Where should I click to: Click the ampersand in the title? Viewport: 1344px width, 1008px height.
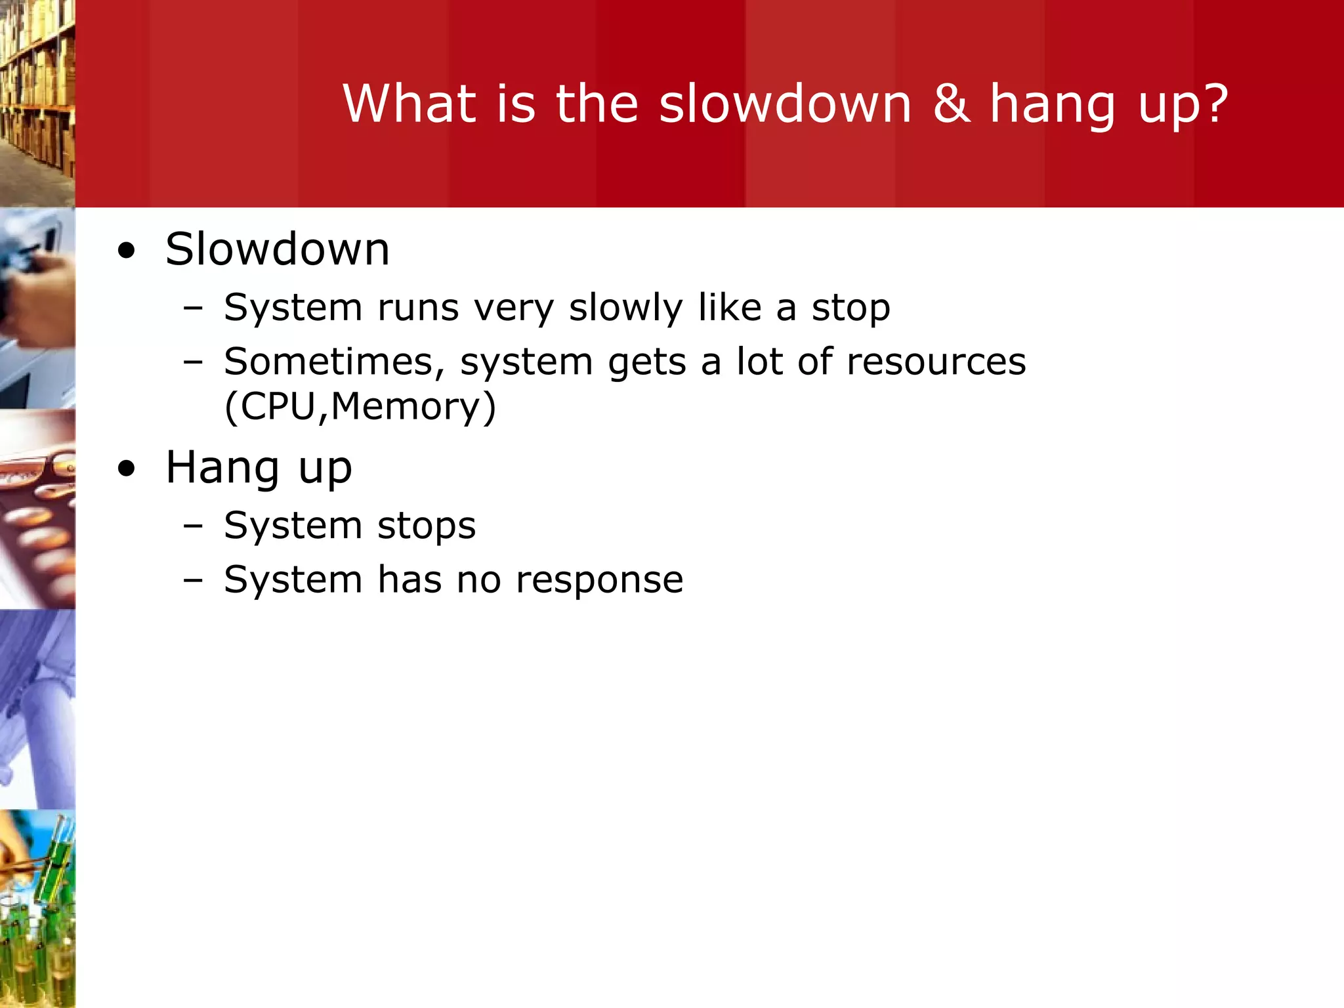pyautogui.click(x=952, y=104)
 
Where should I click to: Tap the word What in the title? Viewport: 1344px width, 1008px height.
pyautogui.click(x=409, y=104)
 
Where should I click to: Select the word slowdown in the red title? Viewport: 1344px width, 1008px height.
pyautogui.click(x=785, y=104)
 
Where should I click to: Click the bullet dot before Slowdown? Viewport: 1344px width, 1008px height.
pyautogui.click(x=127, y=251)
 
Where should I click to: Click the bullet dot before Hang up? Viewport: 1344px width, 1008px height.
pyautogui.click(x=127, y=469)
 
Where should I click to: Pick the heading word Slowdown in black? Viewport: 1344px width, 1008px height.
pyautogui.click(x=277, y=249)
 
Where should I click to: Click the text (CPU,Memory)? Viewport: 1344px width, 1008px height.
pyautogui.click(x=360, y=406)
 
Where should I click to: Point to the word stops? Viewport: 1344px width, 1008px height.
pyautogui.click(x=427, y=526)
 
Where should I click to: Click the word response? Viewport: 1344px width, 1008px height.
pyautogui.click(x=599, y=579)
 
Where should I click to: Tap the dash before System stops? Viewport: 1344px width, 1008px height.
pyautogui.click(x=193, y=526)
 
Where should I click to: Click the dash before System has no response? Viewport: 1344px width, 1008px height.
pyautogui.click(x=193, y=580)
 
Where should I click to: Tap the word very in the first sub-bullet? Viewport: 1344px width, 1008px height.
pyautogui.click(x=514, y=308)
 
